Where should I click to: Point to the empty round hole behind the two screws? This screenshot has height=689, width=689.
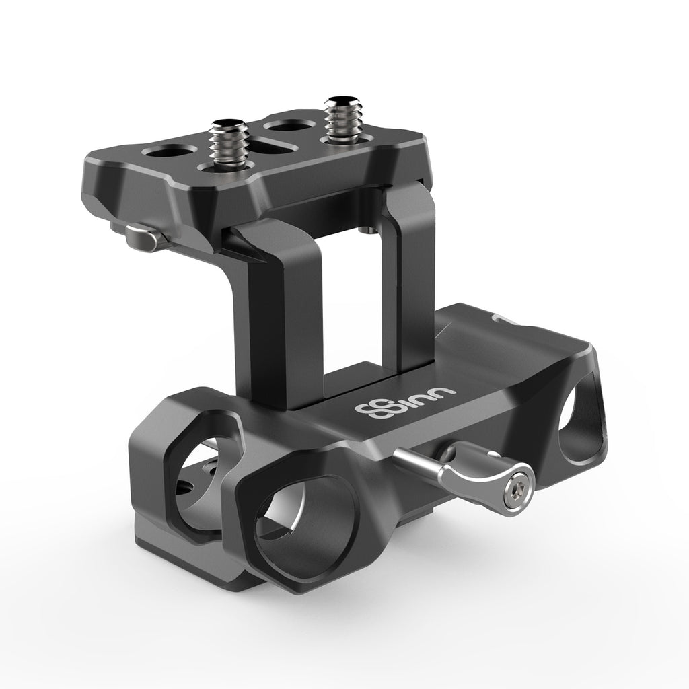click(281, 124)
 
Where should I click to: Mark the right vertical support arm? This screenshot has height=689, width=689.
click(412, 283)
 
